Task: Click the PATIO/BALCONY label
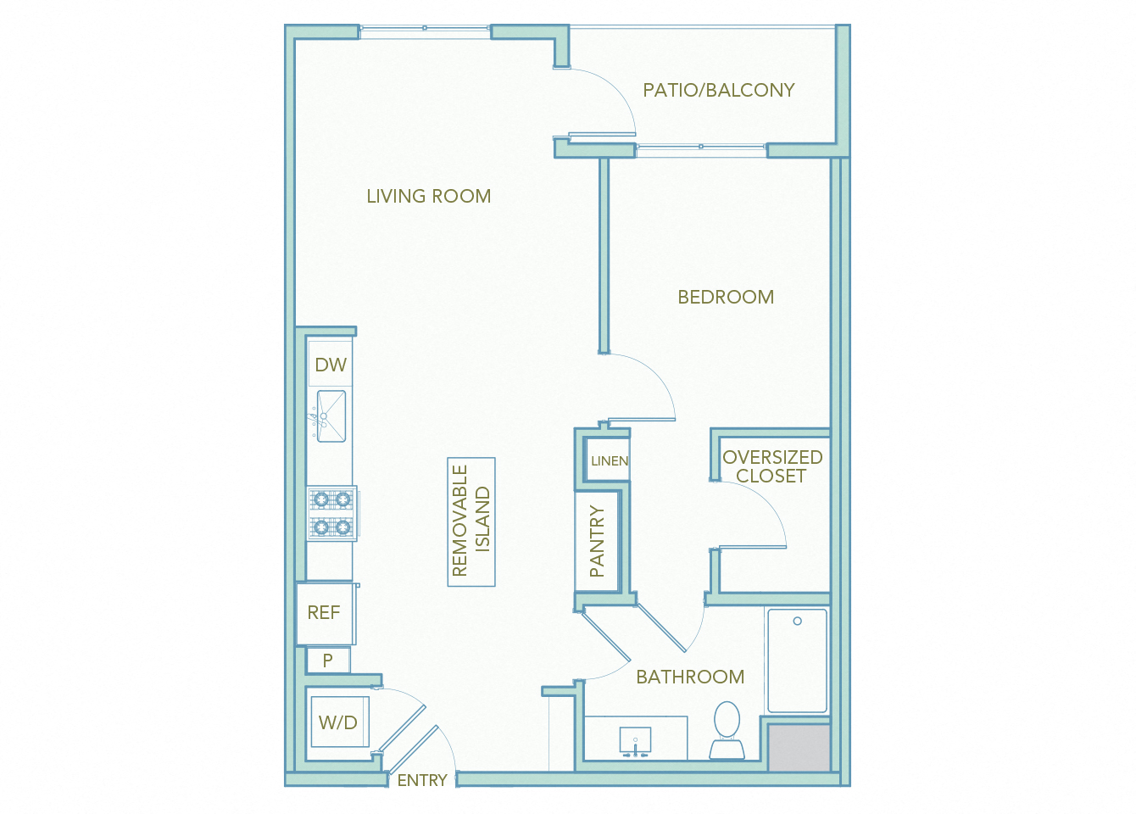[x=718, y=90]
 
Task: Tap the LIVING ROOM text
[x=428, y=196]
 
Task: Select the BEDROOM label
[x=726, y=297]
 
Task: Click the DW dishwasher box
[x=331, y=365]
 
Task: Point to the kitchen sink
[x=331, y=415]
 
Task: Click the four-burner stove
[x=331, y=513]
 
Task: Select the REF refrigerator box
[x=324, y=612]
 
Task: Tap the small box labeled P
[x=327, y=660]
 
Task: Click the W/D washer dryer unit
[x=338, y=722]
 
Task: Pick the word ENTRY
[x=422, y=780]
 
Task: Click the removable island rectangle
[x=471, y=521]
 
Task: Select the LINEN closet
[x=609, y=460]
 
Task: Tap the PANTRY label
[x=598, y=541]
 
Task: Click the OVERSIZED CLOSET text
[x=771, y=466]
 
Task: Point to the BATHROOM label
[x=690, y=677]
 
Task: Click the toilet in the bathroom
[x=727, y=729]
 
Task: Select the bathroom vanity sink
[x=635, y=739]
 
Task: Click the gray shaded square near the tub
[x=799, y=747]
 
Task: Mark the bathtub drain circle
[x=797, y=622]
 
